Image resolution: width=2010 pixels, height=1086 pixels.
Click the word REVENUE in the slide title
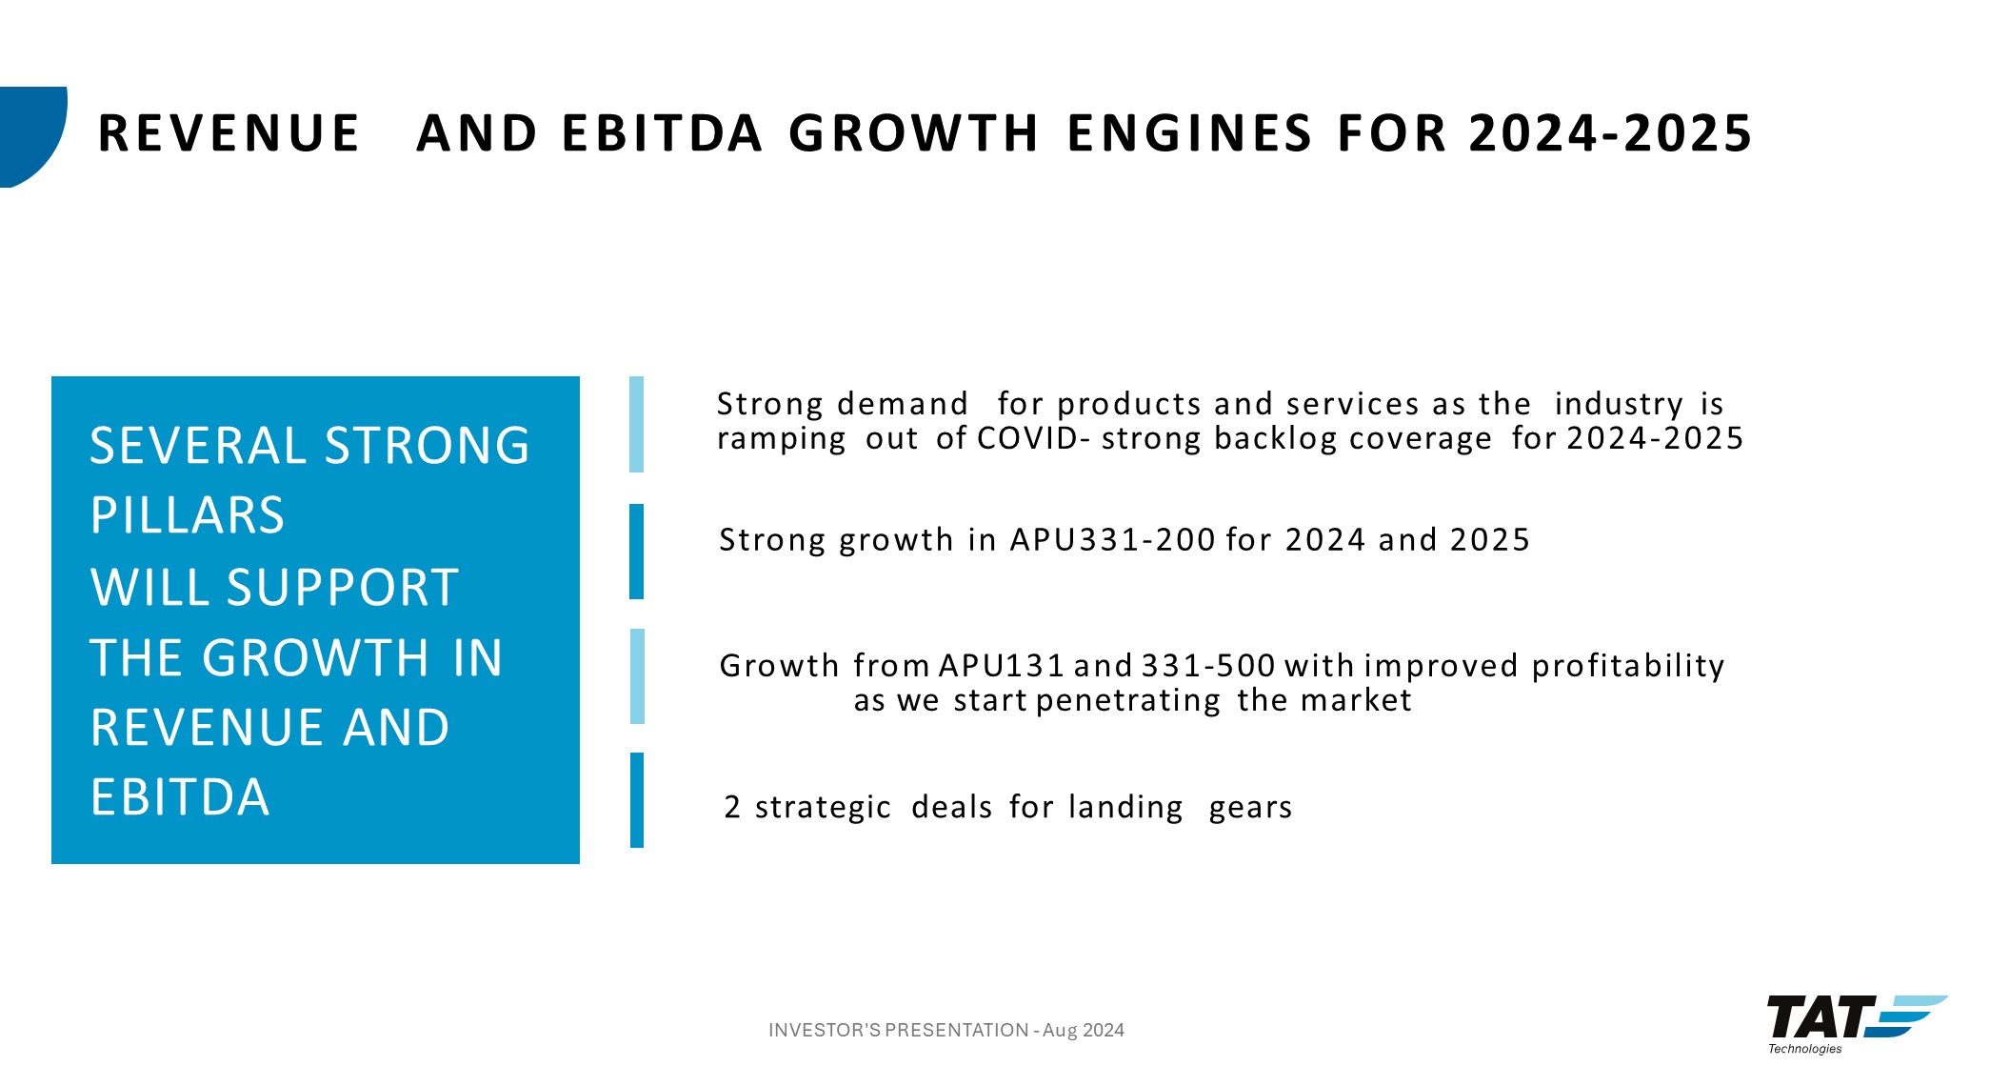(x=229, y=133)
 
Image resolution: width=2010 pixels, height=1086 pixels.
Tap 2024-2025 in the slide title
(x=1610, y=133)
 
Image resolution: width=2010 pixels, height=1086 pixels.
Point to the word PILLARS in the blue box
(x=188, y=515)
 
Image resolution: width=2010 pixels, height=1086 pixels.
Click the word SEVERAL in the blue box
(x=198, y=446)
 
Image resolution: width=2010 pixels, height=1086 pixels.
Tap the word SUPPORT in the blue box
(x=343, y=587)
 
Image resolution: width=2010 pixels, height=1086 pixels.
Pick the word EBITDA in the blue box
(x=181, y=797)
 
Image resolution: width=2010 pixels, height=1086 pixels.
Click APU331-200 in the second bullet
(x=1113, y=540)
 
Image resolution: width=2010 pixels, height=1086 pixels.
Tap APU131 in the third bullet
(x=1002, y=666)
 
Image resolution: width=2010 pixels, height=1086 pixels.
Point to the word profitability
(x=1628, y=666)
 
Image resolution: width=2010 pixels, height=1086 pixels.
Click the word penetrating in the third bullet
(x=1128, y=701)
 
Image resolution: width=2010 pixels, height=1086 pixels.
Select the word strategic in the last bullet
(x=824, y=808)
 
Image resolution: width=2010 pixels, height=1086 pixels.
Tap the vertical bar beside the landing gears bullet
(x=637, y=800)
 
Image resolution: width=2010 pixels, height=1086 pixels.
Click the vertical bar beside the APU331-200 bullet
(x=637, y=552)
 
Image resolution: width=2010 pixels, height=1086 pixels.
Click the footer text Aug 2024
(x=1084, y=1031)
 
